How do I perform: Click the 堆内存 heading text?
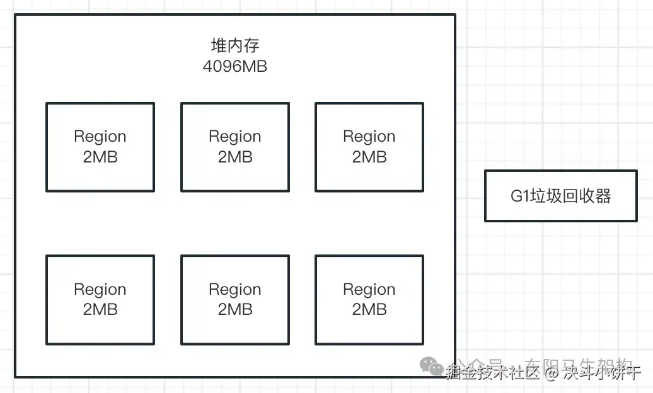coord(234,45)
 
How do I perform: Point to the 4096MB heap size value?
coord(234,66)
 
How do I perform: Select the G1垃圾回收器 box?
coord(560,195)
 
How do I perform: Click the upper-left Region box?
coord(100,147)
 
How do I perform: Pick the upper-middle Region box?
coord(235,147)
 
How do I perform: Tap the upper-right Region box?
coord(369,147)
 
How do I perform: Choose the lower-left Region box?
coord(100,299)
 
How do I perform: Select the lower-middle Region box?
coord(235,299)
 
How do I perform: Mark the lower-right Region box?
coord(369,299)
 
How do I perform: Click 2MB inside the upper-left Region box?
coord(100,157)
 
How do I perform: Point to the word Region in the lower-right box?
coord(369,289)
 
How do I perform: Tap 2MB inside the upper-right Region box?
coord(369,157)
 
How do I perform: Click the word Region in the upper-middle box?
coord(235,137)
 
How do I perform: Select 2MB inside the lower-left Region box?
coord(100,309)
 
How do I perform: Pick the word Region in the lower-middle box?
coord(235,289)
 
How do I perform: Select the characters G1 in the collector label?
coord(519,196)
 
